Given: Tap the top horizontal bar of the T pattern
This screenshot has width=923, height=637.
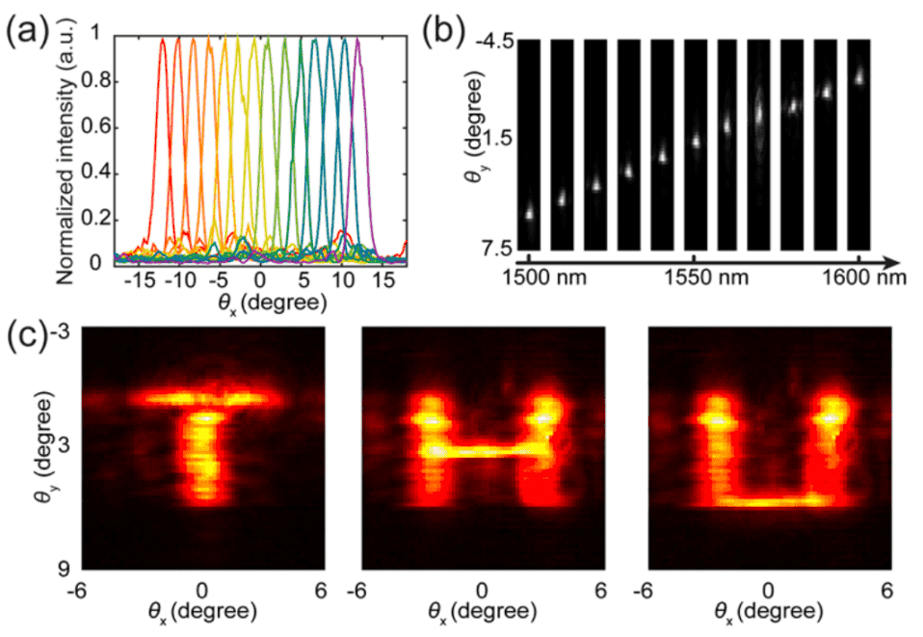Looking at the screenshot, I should pyautogui.click(x=202, y=396).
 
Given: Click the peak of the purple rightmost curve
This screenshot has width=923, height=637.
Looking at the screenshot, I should pyautogui.click(x=358, y=40).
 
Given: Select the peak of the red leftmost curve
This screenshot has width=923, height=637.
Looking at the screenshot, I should pyautogui.click(x=163, y=40).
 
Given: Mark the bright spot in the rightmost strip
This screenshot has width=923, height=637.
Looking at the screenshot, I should pyautogui.click(x=859, y=75).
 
